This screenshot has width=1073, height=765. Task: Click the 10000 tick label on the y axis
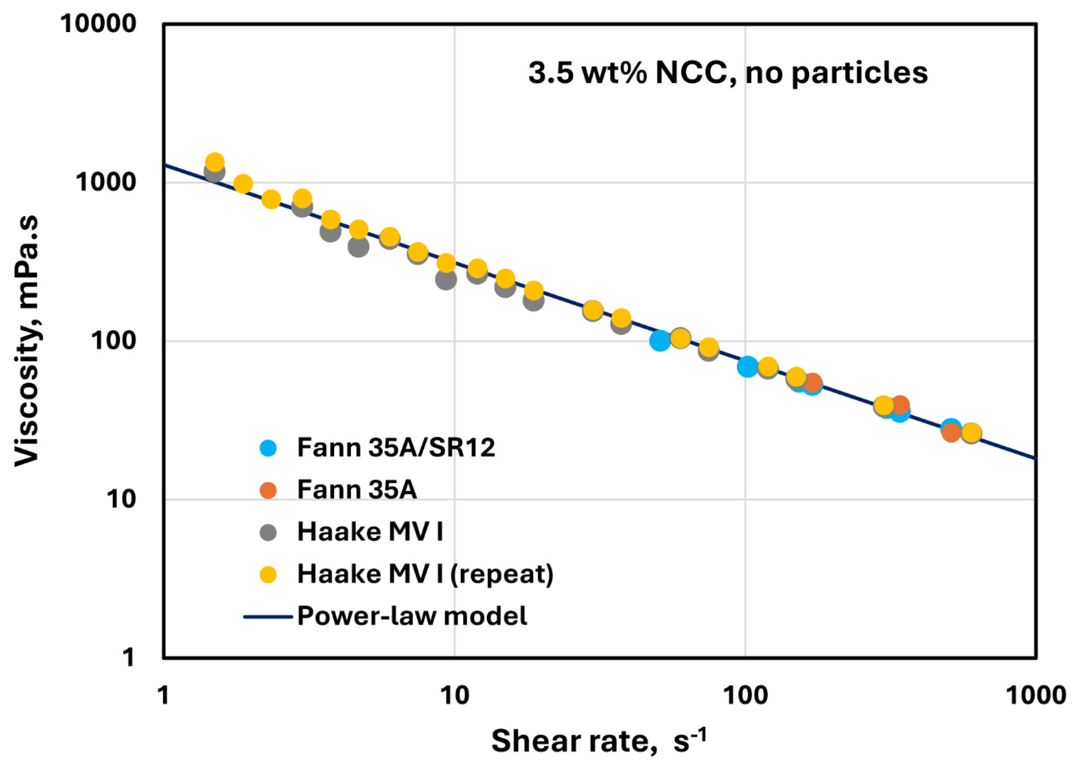tap(98, 24)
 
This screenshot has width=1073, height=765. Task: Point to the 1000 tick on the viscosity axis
tap(106, 182)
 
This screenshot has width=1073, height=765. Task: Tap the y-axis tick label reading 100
tap(113, 341)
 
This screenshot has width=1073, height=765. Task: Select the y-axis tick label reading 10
tap(120, 499)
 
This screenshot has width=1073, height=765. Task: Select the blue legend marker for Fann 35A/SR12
tap(268, 447)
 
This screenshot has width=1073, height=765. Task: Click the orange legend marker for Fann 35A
tap(268, 490)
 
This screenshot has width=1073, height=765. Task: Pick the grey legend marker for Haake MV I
tap(268, 533)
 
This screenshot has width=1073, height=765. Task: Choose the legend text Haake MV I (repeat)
tap(425, 574)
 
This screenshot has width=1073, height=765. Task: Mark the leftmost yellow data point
tap(215, 162)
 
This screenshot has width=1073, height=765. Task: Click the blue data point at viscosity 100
tap(660, 341)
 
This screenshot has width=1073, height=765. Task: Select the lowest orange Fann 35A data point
tap(951, 433)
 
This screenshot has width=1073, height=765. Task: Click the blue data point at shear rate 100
tap(747, 366)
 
